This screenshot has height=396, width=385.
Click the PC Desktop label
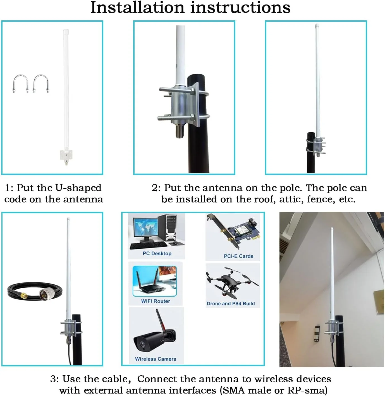(157, 253)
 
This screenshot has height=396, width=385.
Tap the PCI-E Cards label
(238, 256)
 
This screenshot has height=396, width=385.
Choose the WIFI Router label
(156, 301)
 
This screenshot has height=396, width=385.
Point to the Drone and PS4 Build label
(231, 303)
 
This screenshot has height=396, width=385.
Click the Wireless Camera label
(156, 359)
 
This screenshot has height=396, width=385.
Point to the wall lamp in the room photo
(316, 333)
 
